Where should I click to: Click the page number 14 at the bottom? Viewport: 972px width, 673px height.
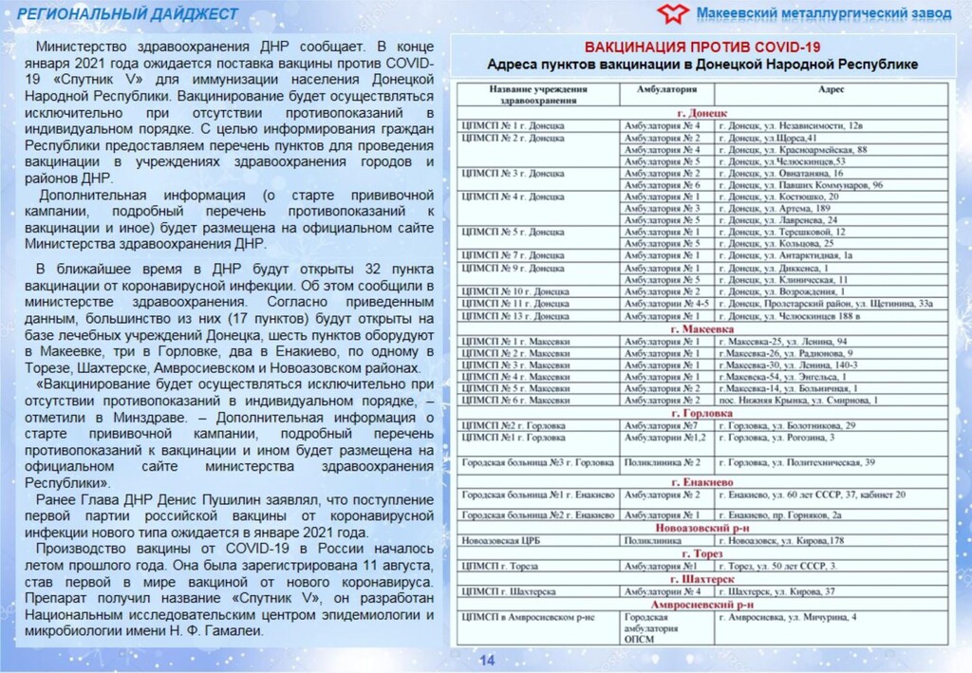click(487, 661)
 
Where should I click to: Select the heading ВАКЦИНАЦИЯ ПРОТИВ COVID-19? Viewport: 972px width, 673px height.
click(702, 47)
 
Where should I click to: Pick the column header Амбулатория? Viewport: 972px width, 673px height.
click(664, 88)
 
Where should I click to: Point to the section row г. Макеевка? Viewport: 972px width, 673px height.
click(702, 328)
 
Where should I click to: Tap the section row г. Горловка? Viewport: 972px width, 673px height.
click(702, 414)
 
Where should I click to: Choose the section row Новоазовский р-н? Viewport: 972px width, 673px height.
click(702, 527)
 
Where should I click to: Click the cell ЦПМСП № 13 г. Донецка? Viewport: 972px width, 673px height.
click(514, 316)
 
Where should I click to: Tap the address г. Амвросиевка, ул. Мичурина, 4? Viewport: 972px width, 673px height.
click(787, 617)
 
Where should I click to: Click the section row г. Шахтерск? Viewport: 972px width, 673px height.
click(702, 579)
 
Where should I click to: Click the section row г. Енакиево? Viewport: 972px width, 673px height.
click(702, 482)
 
